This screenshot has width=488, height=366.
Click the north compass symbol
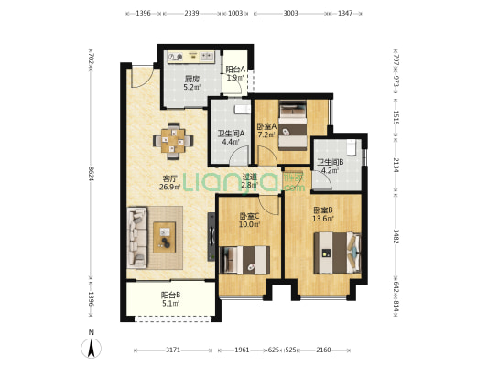(x=92, y=348)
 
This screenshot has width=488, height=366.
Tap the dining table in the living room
(x=173, y=141)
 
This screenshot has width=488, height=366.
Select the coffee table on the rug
(x=164, y=237)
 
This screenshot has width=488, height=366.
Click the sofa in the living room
(x=137, y=238)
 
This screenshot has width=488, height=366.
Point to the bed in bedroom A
(x=293, y=126)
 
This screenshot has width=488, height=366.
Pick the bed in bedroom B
(x=337, y=253)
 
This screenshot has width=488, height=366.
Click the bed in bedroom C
(x=244, y=260)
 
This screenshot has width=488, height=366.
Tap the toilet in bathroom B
(x=352, y=147)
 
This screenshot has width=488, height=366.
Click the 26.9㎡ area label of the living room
(x=170, y=187)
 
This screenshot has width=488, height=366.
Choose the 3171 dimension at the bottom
(x=173, y=350)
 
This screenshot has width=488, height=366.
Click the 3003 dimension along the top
(x=290, y=13)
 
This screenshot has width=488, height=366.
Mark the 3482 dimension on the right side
(x=396, y=237)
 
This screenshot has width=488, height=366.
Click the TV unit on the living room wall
(x=211, y=237)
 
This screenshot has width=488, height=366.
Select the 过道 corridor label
(x=250, y=177)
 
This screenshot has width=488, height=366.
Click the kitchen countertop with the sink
(x=191, y=57)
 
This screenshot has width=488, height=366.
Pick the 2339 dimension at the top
(x=191, y=13)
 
